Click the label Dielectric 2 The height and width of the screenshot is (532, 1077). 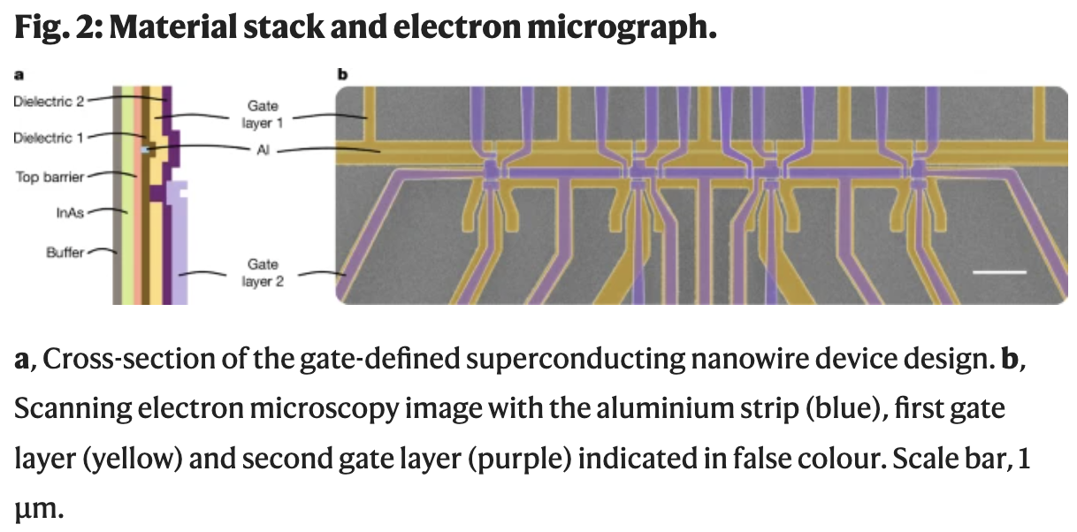(x=49, y=101)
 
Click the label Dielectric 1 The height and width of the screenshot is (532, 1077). (x=49, y=138)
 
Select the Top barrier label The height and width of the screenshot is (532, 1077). (x=50, y=177)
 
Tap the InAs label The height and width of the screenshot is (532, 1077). (x=68, y=213)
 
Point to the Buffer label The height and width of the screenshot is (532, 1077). (x=65, y=253)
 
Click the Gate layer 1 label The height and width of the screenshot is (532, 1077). (x=263, y=114)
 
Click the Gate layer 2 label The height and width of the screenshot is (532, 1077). (x=263, y=273)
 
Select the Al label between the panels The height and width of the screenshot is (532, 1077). (x=262, y=151)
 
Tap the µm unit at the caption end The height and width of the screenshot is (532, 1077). (x=39, y=510)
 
